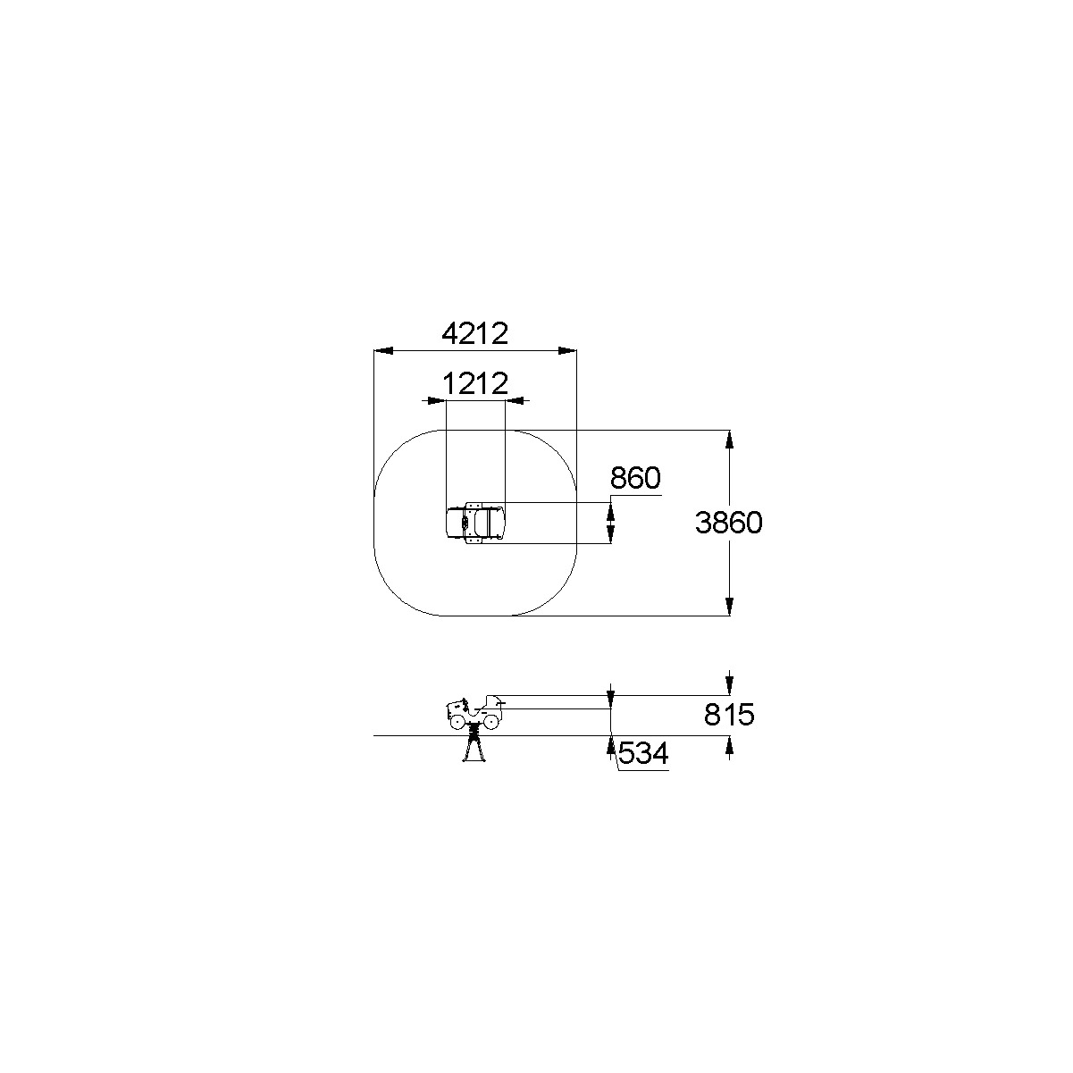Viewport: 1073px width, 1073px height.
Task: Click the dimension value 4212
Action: pyautogui.click(x=475, y=334)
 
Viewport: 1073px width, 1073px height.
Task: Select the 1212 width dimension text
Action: pyautogui.click(x=475, y=383)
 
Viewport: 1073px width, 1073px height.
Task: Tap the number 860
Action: pyautogui.click(x=635, y=478)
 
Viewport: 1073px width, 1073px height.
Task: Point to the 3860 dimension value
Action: pyautogui.click(x=728, y=523)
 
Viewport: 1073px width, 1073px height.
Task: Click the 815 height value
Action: pyautogui.click(x=729, y=715)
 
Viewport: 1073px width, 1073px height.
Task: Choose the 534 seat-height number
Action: pyautogui.click(x=643, y=753)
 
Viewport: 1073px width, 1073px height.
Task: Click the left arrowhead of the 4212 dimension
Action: pyautogui.click(x=384, y=351)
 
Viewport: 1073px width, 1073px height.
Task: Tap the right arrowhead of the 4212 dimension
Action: pyautogui.click(x=566, y=351)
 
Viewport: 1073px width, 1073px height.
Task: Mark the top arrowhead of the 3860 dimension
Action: pyautogui.click(x=729, y=440)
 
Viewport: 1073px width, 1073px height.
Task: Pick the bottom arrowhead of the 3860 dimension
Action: pyautogui.click(x=729, y=607)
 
